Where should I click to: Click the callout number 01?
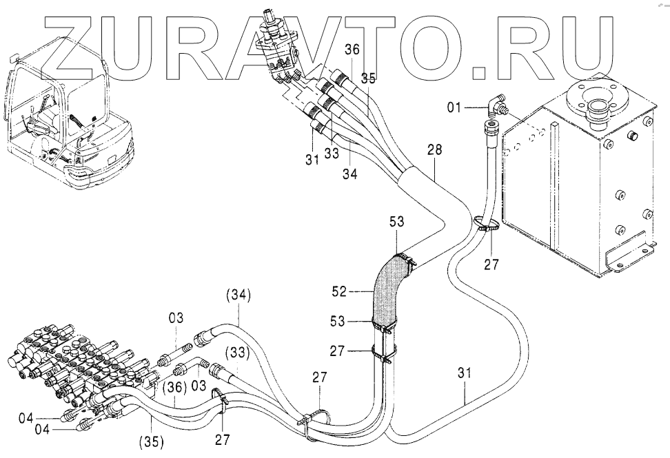[454, 107]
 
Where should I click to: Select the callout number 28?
[434, 150]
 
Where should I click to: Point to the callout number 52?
[340, 291]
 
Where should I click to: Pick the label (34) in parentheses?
[238, 295]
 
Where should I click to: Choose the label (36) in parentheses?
[175, 387]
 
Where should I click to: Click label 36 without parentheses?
[352, 50]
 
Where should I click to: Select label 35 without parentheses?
[368, 79]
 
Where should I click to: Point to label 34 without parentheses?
[349, 174]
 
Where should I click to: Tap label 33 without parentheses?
[331, 153]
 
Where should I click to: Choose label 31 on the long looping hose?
[464, 373]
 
